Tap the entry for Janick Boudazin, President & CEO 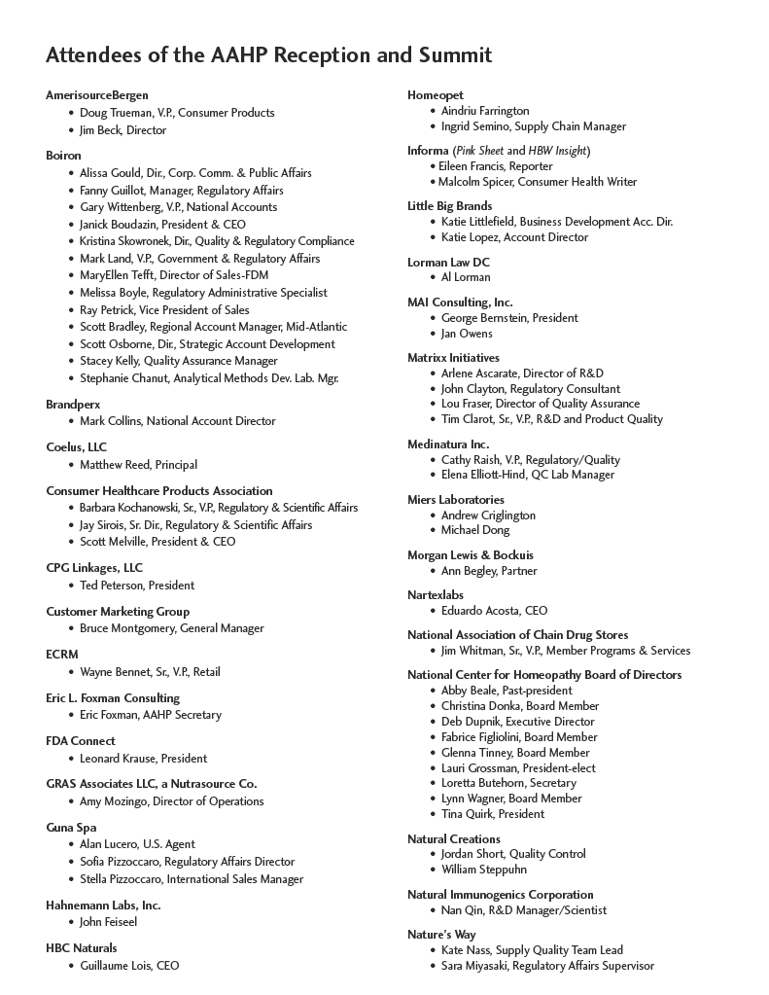[162, 224]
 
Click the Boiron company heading [63, 156]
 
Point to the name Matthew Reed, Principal [138, 465]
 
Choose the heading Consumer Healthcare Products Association [159, 491]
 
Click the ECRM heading [62, 655]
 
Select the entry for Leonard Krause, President [143, 759]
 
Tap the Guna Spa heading [71, 828]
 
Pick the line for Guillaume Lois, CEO [129, 966]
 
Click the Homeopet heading [436, 95]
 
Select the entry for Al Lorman [466, 277]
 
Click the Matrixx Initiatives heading [453, 358]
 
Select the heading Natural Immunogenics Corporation [500, 895]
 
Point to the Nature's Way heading [441, 935]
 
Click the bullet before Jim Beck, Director [71, 130]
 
